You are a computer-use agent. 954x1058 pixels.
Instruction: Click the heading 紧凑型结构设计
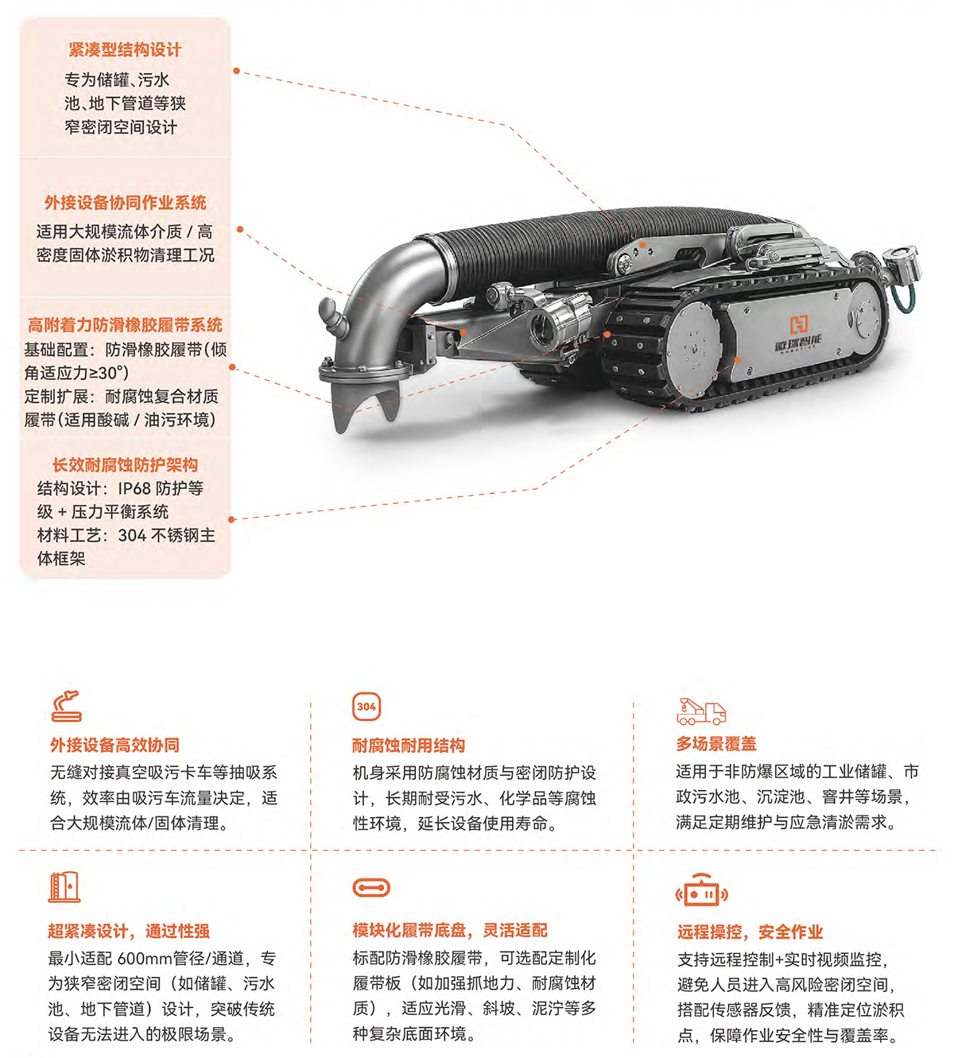click(125, 49)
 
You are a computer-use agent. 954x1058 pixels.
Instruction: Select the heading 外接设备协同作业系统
click(125, 203)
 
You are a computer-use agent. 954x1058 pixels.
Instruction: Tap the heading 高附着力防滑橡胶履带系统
click(125, 324)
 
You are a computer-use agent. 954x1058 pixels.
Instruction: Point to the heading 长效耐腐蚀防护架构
click(125, 465)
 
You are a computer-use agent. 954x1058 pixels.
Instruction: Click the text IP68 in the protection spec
click(134, 488)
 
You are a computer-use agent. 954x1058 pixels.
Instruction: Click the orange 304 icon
click(366, 706)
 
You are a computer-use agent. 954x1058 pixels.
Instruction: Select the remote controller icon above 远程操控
click(702, 890)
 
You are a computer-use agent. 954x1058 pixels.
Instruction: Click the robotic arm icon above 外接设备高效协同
click(67, 706)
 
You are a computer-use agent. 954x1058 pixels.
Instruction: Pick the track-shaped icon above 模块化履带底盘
click(371, 888)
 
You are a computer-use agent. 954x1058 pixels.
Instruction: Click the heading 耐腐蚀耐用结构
click(409, 746)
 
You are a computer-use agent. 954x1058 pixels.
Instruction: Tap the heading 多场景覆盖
click(716, 744)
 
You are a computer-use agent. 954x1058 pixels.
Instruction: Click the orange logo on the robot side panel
click(799, 324)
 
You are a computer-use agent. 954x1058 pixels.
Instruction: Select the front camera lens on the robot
click(541, 327)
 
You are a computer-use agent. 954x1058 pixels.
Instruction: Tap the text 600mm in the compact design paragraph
click(149, 959)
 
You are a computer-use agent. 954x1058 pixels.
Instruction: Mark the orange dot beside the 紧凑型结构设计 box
click(236, 71)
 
